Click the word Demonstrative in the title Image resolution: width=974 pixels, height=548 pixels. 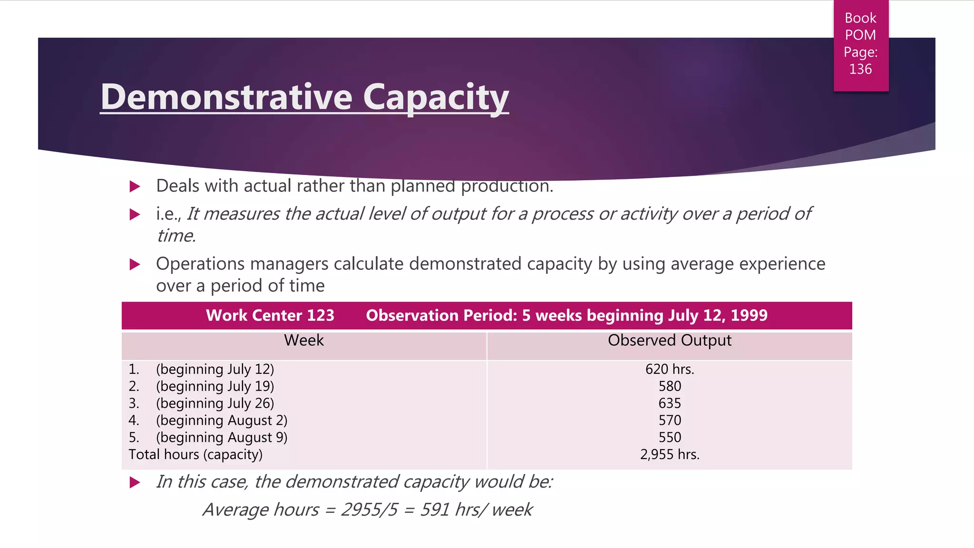coord(226,97)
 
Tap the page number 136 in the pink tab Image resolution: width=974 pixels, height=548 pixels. coord(860,69)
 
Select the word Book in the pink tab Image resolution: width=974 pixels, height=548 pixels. coord(860,18)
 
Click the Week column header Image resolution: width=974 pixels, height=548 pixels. coord(303,341)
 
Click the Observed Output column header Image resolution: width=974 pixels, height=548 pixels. coord(669,341)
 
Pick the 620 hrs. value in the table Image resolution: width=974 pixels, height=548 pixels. coord(669,369)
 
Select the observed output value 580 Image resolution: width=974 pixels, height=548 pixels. coord(669,386)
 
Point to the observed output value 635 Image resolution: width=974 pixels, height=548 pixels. coord(669,403)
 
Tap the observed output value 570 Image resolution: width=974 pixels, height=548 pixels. coord(669,421)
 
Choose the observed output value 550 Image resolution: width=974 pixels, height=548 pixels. coord(669,438)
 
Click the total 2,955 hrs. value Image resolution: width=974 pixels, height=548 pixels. coord(669,455)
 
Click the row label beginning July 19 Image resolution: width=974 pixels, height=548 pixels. coord(215,386)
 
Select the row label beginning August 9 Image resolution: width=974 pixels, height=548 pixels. coord(222,438)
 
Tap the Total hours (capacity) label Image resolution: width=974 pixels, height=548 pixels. coord(195,455)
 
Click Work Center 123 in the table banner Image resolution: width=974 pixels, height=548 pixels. coord(270,315)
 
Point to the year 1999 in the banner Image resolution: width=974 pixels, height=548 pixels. coord(749,315)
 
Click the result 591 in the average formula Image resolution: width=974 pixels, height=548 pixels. coord(435,510)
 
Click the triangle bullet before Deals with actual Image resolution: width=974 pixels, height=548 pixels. coord(135,186)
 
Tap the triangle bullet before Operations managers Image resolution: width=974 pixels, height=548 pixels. coord(135,264)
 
